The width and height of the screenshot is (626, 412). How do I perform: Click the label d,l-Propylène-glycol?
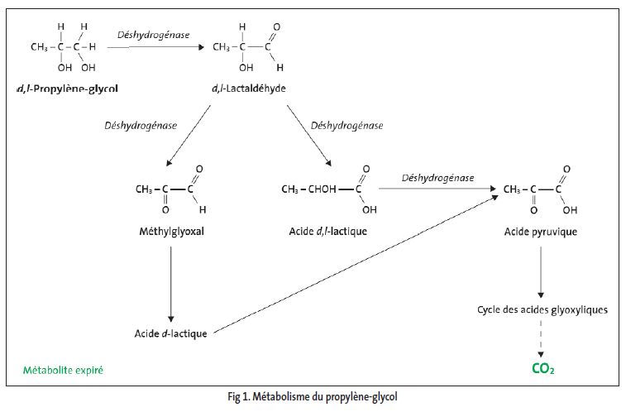(73, 87)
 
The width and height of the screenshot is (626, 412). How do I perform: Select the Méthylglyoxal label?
(169, 232)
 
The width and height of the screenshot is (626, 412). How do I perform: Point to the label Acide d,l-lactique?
(328, 232)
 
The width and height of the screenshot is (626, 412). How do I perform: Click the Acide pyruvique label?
(541, 232)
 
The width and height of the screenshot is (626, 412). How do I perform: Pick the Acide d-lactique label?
(170, 333)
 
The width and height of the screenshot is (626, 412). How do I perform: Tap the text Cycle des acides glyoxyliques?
(542, 309)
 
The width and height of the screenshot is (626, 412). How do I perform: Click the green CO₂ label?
(542, 366)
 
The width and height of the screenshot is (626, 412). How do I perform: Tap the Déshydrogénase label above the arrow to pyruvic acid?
(437, 178)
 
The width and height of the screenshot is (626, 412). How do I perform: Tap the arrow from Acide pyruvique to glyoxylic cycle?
(542, 272)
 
